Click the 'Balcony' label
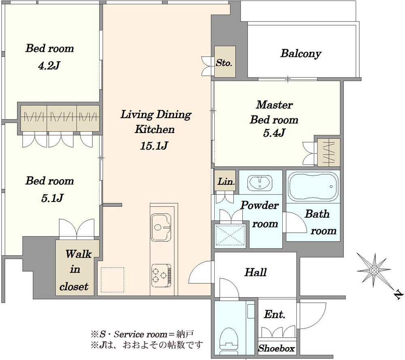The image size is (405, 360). coord(301,54)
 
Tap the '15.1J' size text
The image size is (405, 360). coord(154,146)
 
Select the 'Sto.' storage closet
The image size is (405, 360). coord(225,62)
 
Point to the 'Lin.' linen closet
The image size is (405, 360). coord(225,181)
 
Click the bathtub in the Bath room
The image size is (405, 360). coord(313,186)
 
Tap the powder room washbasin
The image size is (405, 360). coord(260,182)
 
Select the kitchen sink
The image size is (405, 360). coord(161,227)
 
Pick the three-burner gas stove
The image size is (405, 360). coord(161,275)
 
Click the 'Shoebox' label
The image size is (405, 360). coord(277,348)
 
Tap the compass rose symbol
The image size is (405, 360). coord(373,270)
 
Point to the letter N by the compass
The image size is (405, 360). coord(399,295)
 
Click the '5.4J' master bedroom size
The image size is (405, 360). coord(274,133)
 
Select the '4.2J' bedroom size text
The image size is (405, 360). coord(49,66)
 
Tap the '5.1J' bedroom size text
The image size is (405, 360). coord(52,198)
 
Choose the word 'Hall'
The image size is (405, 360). coord(256,272)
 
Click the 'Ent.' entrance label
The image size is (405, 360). coord(275,314)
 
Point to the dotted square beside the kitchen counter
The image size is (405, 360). coord(112,280)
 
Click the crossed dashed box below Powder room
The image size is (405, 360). coord(230,236)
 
